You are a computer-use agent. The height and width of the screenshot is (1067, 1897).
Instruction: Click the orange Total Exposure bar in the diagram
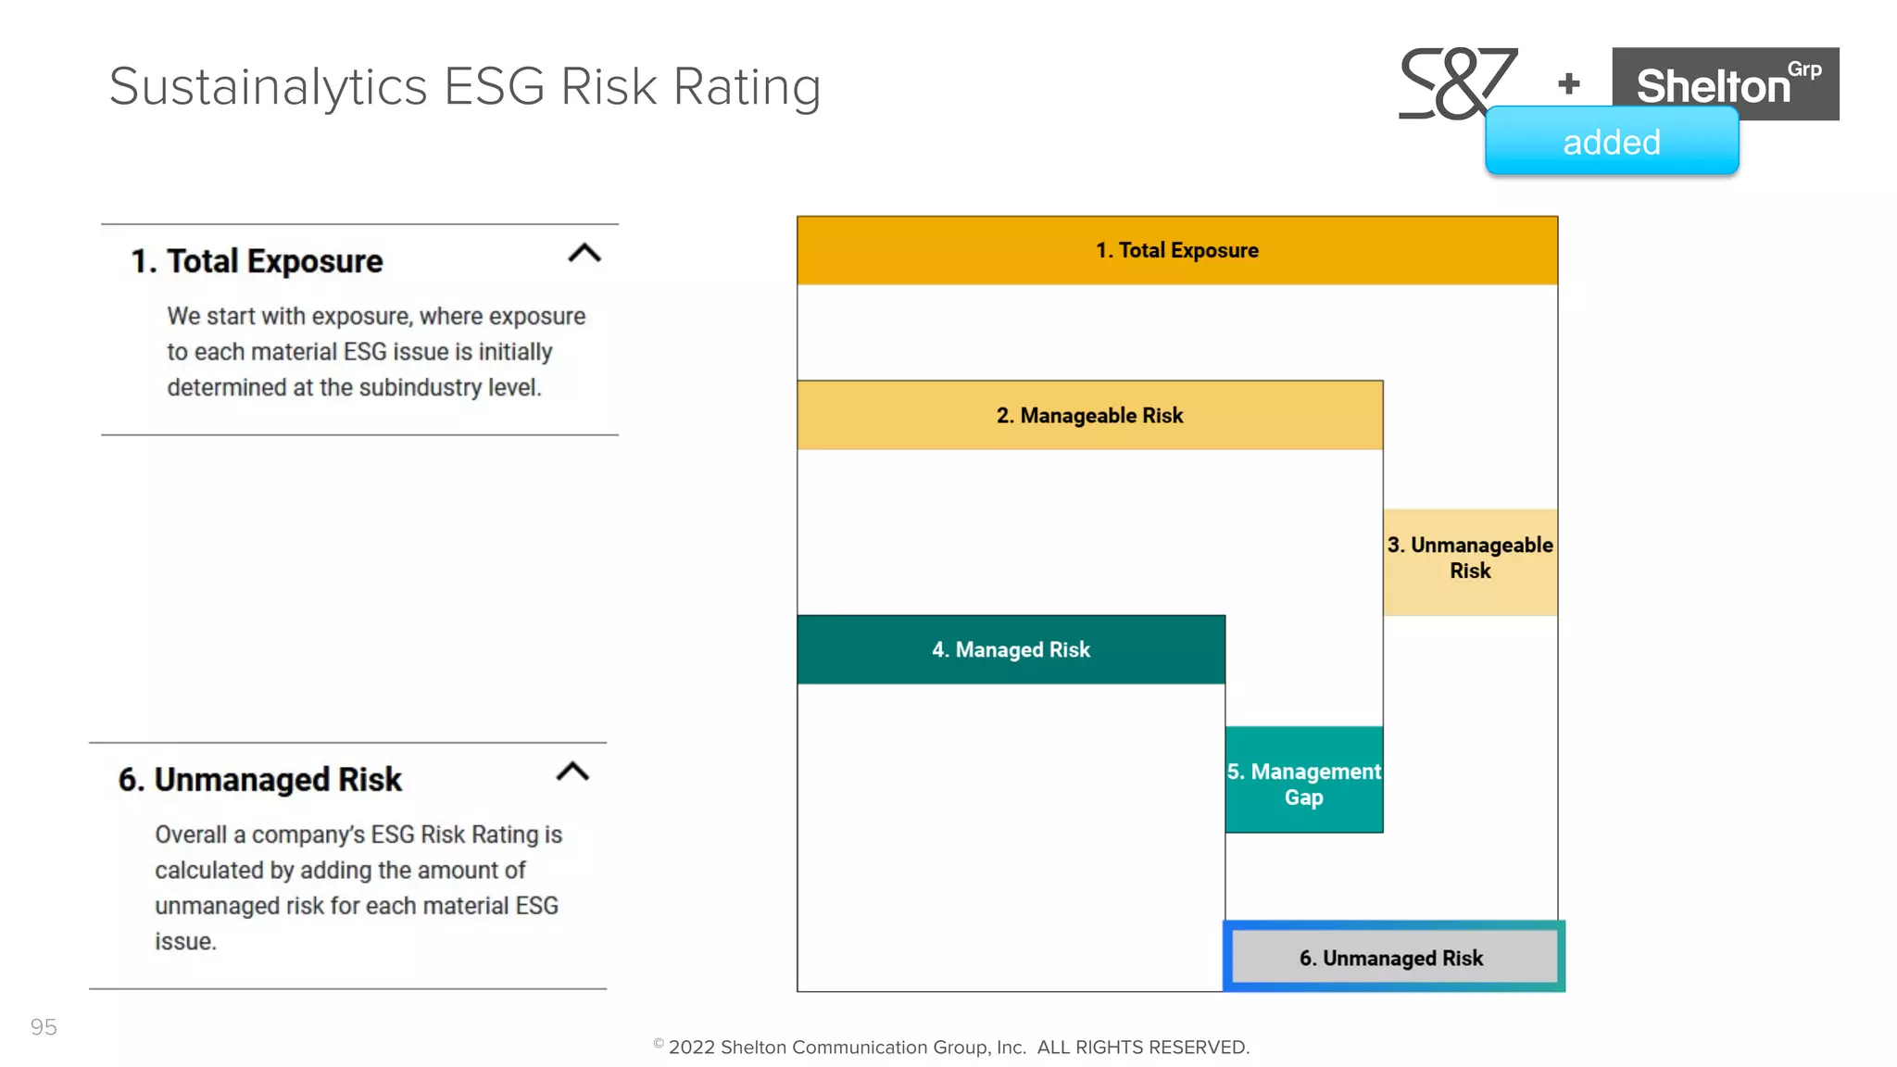(x=1176, y=250)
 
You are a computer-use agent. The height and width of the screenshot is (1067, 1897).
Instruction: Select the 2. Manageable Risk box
(x=1089, y=415)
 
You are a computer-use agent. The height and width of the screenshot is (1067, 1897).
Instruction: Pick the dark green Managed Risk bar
(x=1011, y=649)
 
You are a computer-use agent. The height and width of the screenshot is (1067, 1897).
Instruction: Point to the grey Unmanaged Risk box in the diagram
(x=1391, y=957)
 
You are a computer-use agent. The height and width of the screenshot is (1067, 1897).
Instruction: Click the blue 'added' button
(x=1611, y=142)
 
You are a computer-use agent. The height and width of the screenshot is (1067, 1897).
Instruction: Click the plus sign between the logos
(x=1569, y=83)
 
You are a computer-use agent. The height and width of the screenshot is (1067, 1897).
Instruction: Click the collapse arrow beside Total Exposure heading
(x=584, y=253)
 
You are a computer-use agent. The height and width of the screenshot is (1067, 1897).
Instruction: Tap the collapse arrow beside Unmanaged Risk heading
(x=572, y=772)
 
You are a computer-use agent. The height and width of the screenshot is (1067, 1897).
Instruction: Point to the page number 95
(x=44, y=1027)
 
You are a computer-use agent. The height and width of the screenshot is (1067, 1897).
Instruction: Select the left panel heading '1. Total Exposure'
(x=257, y=261)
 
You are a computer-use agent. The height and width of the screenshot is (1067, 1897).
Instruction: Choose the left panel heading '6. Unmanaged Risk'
(x=260, y=780)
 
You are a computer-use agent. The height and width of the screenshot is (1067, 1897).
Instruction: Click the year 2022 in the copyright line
(x=692, y=1048)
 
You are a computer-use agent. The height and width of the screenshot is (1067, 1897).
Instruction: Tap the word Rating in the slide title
(x=747, y=87)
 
